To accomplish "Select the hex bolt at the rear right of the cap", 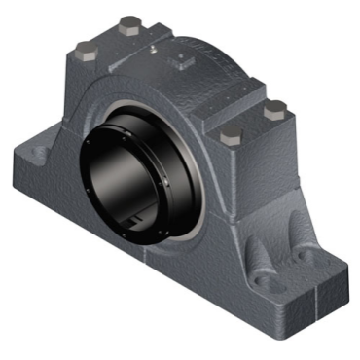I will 276,107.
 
